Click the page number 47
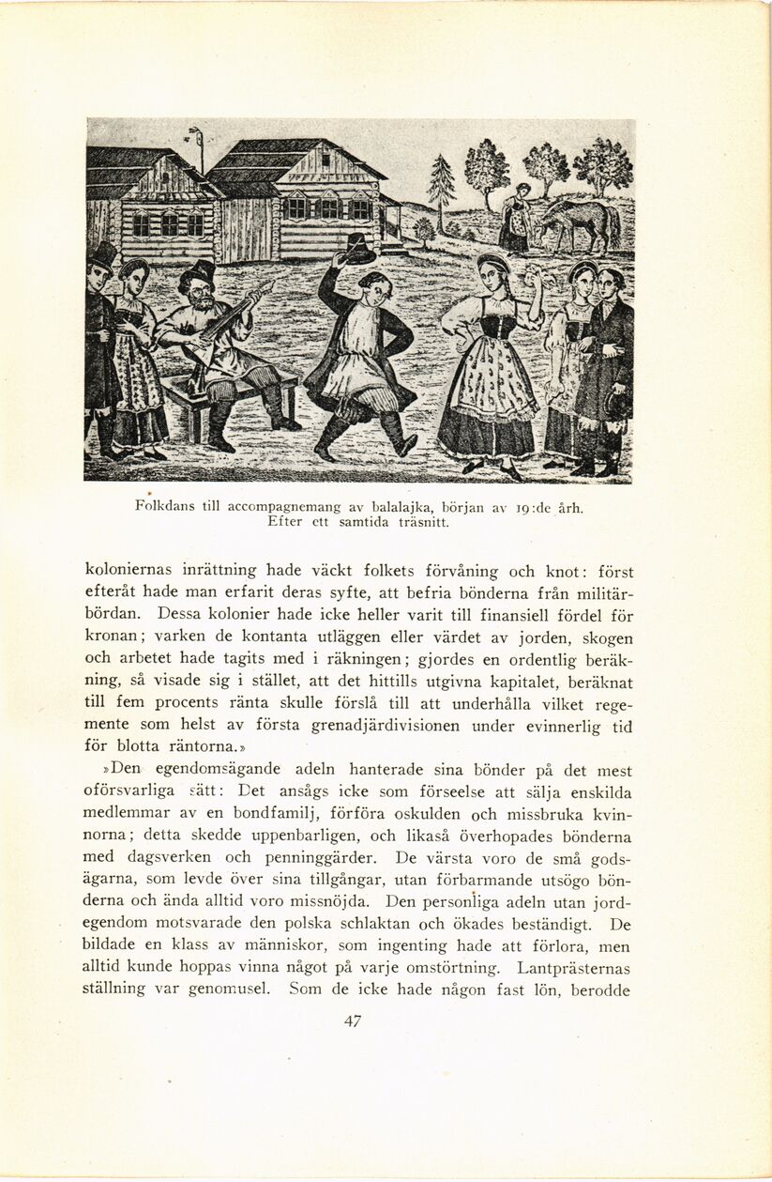(353, 1022)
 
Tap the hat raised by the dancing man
(357, 248)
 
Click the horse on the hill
(581, 222)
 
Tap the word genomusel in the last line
(228, 989)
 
